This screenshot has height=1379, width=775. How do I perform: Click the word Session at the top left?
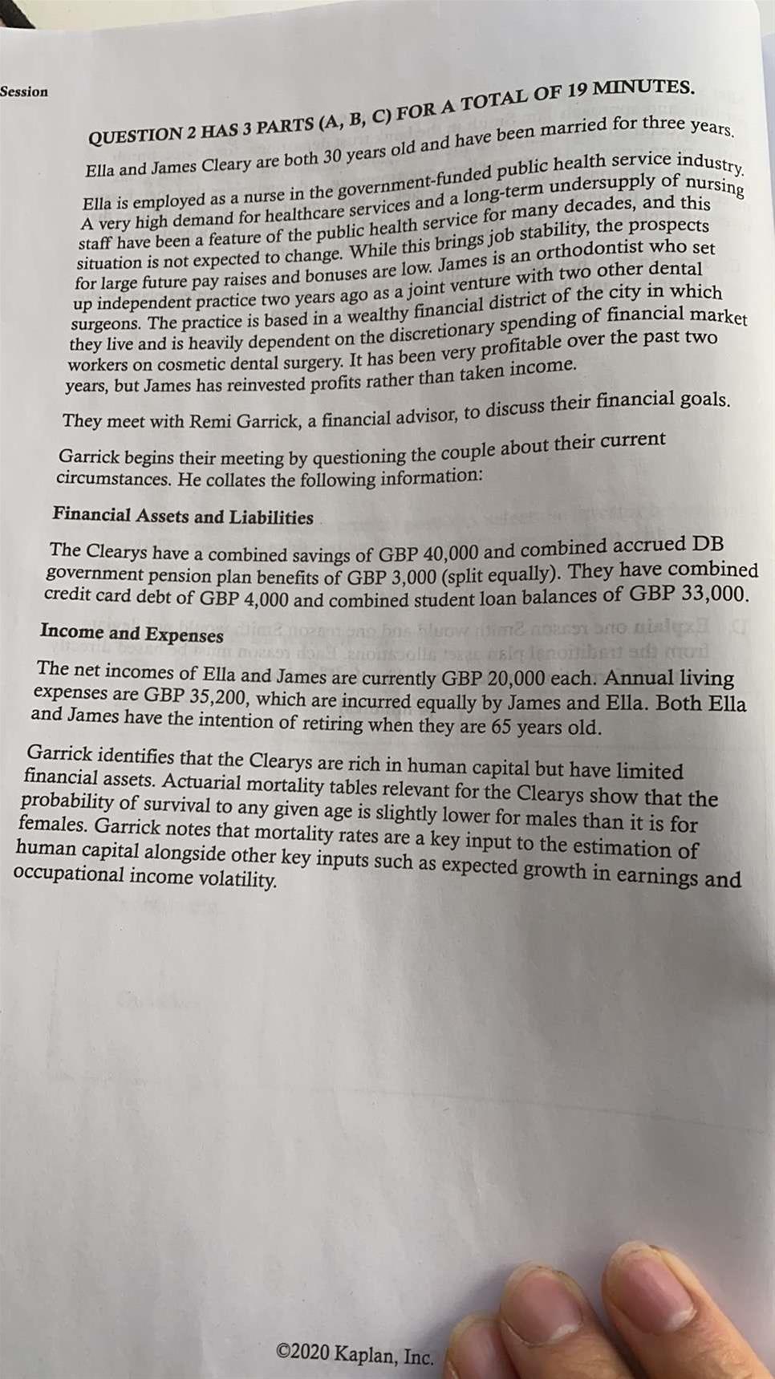[x=24, y=91]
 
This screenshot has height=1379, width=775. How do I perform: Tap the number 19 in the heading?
[x=578, y=91]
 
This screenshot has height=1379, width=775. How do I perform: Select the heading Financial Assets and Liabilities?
[x=183, y=516]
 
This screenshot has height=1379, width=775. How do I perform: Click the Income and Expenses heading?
[x=132, y=634]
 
